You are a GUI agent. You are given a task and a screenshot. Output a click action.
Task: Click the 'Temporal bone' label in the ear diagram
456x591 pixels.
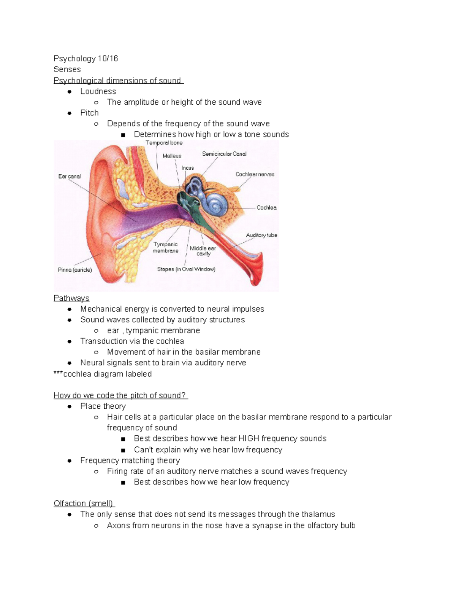click(164, 143)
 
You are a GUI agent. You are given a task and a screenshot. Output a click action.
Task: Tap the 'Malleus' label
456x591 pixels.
click(172, 156)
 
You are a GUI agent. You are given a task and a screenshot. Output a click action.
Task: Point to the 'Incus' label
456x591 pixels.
click(188, 168)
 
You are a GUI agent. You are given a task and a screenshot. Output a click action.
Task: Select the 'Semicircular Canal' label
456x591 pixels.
click(224, 154)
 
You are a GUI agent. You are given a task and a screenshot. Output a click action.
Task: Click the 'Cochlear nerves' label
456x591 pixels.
click(255, 174)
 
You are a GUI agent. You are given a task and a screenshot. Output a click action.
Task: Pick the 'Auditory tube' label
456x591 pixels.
click(261, 235)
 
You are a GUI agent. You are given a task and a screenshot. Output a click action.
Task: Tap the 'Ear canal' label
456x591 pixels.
click(70, 176)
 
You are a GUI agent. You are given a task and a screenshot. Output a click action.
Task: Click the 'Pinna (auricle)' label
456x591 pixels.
click(75, 270)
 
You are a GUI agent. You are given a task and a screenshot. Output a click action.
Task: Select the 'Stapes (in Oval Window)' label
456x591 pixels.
click(186, 269)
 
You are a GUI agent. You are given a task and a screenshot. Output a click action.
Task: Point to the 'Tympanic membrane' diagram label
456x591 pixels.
click(166, 247)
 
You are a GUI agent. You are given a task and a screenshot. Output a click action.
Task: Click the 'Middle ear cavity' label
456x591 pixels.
click(203, 251)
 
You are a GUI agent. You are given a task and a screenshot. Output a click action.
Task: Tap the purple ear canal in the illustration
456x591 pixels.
click(152, 217)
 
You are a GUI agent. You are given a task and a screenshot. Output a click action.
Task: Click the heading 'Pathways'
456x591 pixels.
click(71, 298)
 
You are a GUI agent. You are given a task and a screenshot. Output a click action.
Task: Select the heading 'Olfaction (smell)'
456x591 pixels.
click(84, 503)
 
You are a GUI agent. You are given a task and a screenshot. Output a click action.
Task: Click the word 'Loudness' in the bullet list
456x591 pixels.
click(98, 91)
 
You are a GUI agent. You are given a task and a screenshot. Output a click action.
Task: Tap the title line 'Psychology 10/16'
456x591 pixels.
click(85, 59)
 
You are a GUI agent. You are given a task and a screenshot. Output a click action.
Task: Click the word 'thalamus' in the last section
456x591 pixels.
click(318, 514)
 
